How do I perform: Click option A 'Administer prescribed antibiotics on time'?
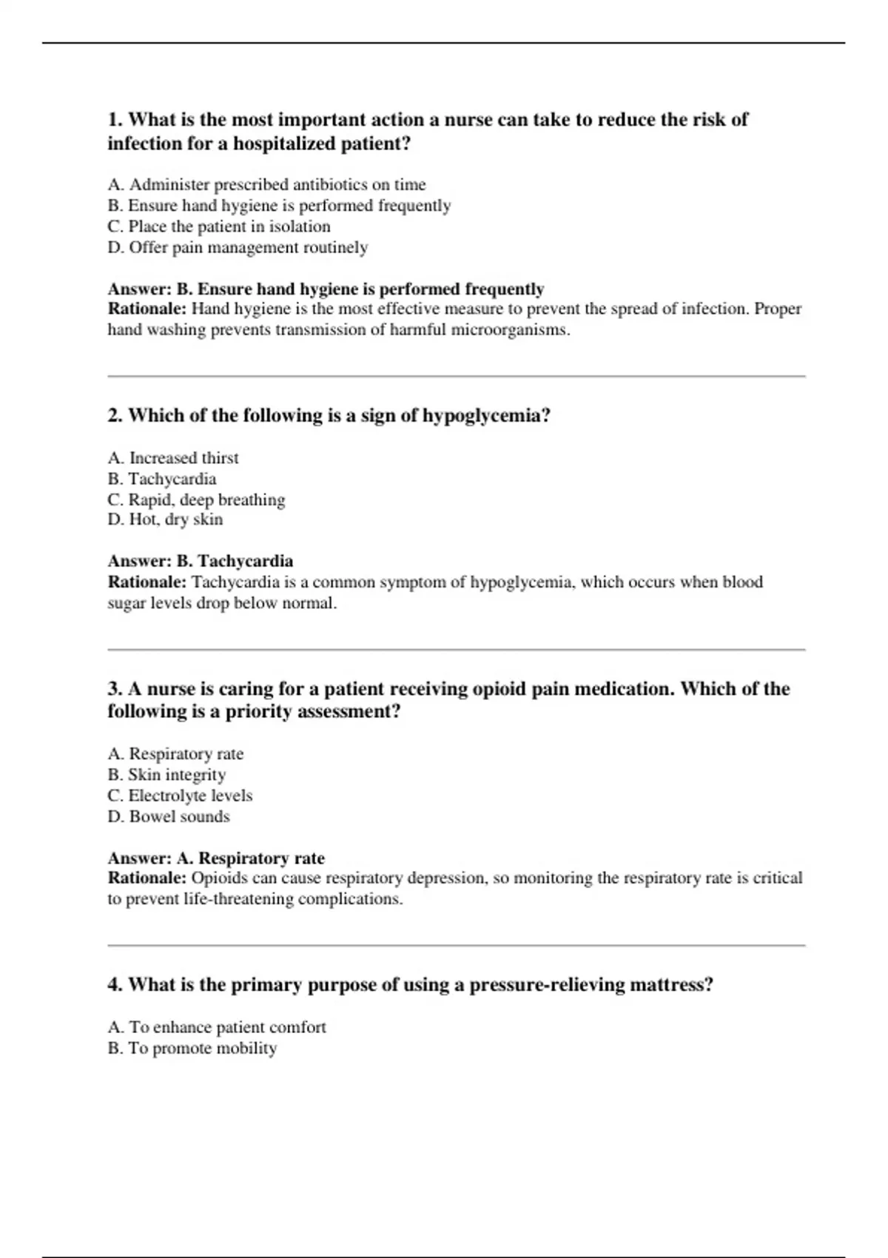(266, 184)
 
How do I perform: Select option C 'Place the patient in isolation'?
(219, 226)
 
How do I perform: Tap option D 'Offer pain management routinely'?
(238, 247)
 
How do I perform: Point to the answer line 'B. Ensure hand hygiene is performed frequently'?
(326, 289)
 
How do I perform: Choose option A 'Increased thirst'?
(173, 458)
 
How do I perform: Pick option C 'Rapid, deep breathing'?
(196, 499)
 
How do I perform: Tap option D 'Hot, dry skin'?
(165, 519)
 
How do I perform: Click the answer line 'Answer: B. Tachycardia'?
(201, 561)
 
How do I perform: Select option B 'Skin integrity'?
(166, 775)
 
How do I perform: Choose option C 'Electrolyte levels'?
(180, 795)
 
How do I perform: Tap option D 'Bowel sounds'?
(169, 816)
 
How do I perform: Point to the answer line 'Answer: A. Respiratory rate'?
(216, 858)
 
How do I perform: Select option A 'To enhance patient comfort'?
(217, 1027)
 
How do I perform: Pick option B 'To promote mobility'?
(192, 1048)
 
